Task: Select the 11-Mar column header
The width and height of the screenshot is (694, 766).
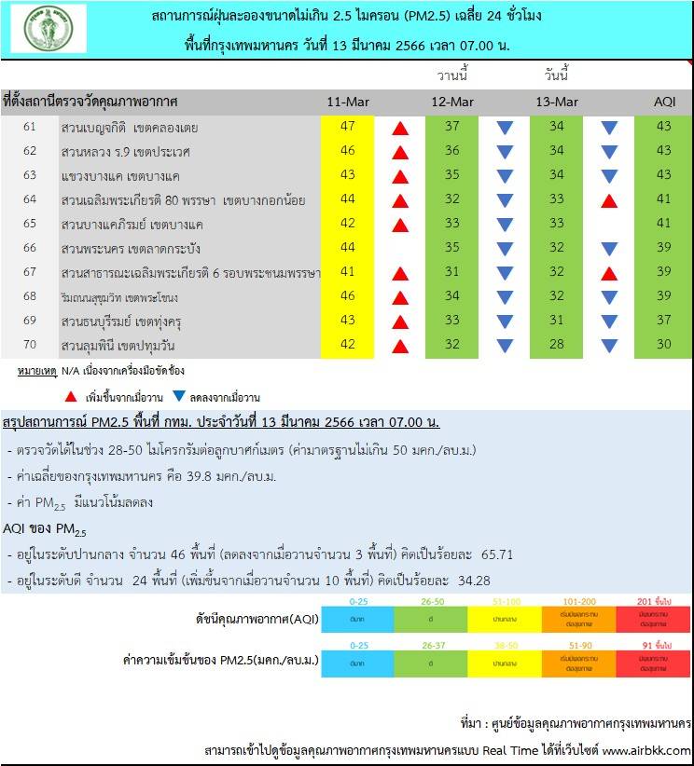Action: click(x=348, y=102)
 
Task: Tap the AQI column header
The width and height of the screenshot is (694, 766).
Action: click(x=663, y=102)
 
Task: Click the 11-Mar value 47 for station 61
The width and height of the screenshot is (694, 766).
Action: click(x=348, y=127)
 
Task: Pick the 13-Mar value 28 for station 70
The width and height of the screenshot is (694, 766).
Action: click(x=557, y=345)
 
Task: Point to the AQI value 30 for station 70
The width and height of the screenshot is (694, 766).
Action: click(x=663, y=345)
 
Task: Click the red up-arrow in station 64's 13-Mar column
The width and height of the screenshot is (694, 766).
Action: click(x=609, y=200)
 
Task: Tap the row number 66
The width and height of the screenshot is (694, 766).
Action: click(x=30, y=248)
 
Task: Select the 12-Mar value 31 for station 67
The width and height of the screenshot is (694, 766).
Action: click(x=452, y=272)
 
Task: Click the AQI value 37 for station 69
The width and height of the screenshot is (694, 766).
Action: click(x=663, y=321)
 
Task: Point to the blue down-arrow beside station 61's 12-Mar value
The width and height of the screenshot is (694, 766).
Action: click(x=505, y=128)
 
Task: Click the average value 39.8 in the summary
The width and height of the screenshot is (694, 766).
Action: click(x=214, y=477)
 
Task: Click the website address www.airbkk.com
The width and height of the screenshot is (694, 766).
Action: click(x=646, y=750)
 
